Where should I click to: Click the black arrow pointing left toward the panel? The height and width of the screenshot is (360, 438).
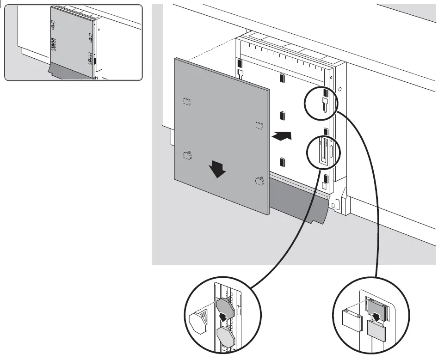point(282,136)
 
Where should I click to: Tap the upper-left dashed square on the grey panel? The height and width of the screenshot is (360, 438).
point(187,101)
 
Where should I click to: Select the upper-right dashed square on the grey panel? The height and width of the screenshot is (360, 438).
point(259,125)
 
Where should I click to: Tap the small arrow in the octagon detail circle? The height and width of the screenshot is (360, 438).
point(223,317)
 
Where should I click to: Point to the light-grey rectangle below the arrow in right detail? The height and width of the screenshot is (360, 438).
point(376,331)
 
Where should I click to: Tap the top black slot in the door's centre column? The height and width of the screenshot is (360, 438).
point(282,78)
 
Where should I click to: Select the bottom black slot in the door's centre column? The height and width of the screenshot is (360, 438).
point(282,162)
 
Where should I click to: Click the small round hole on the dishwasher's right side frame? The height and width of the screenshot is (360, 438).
point(340,88)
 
